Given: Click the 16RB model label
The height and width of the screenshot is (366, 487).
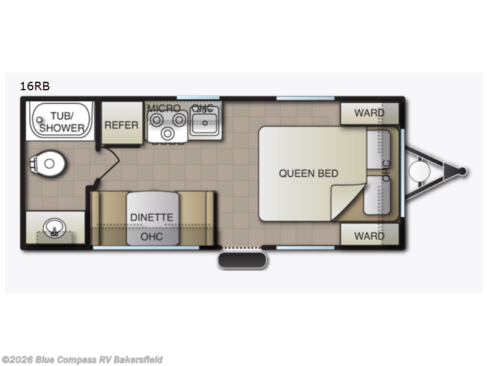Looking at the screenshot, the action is point(35,86).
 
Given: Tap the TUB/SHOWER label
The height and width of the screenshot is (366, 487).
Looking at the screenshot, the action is point(62,122).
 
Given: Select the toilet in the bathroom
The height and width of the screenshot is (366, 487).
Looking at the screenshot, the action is point(47,163).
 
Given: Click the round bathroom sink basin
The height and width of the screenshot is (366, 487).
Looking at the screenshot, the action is point(54,228).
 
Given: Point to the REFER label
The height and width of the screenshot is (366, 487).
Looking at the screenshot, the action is point(121,125).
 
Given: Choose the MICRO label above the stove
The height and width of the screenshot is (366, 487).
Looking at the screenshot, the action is point(164,109).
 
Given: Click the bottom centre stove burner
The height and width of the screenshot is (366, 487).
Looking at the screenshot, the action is point(168,134).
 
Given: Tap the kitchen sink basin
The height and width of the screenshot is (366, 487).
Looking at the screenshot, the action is point(205,123).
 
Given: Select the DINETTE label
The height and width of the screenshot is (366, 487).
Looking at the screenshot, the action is point(152,217).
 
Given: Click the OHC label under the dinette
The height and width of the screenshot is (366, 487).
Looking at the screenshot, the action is point(152,237).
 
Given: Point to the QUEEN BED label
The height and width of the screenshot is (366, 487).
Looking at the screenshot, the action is point(309,173).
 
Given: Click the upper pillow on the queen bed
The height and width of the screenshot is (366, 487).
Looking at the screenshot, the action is point(378,149).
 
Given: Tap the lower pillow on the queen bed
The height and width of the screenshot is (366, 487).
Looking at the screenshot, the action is point(377,195).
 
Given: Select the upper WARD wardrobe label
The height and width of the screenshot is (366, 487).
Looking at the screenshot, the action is point(370,113).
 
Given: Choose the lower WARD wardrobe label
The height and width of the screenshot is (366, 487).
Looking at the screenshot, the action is point(370,236).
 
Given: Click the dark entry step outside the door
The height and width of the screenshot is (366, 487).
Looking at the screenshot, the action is point(242,260).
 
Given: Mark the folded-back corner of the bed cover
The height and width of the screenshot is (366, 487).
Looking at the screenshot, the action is point(346,201).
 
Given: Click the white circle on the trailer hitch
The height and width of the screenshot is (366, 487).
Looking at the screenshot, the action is point(419,171).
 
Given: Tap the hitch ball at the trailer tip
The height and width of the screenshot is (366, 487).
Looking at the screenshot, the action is point(462,171).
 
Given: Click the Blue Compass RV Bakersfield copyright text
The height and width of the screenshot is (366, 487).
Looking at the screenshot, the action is point(82,360).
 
